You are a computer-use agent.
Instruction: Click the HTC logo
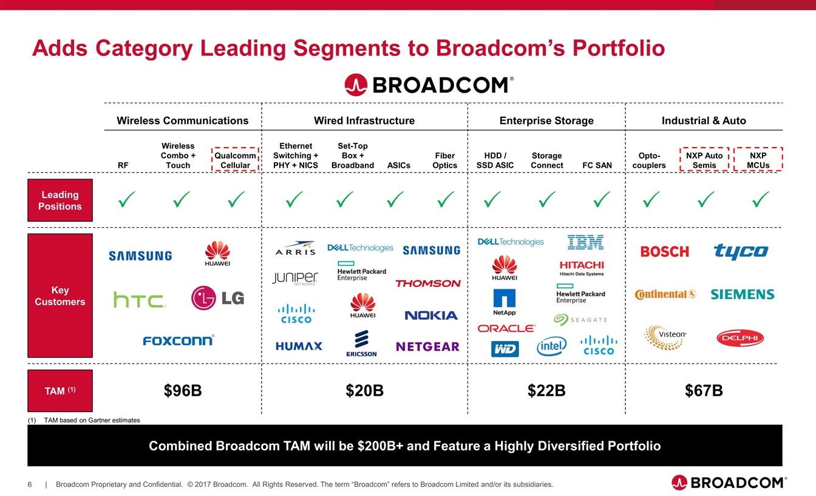pyautogui.click(x=140, y=300)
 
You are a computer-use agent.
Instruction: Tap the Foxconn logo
pyautogui.click(x=178, y=340)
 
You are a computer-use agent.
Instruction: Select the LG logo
pyautogui.click(x=217, y=297)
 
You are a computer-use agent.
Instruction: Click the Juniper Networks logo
pyautogui.click(x=295, y=278)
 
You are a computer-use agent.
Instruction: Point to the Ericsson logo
pyautogui.click(x=362, y=343)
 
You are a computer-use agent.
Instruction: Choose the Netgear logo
pyautogui.click(x=427, y=346)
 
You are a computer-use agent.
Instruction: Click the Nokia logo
pyautogui.click(x=431, y=315)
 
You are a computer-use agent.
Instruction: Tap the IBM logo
pyautogui.click(x=585, y=243)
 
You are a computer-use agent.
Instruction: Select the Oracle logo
pyautogui.click(x=507, y=328)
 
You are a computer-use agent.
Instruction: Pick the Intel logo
pyautogui.click(x=551, y=347)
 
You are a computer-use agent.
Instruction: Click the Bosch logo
pyautogui.click(x=665, y=252)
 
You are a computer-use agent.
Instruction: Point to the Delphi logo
pyautogui.click(x=740, y=338)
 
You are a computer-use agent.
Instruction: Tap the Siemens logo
pyautogui.click(x=742, y=295)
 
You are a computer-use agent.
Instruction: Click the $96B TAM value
pyautogui.click(x=183, y=390)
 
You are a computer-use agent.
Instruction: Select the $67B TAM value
pyautogui.click(x=704, y=390)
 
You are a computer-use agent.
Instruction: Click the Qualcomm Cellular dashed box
pyautogui.click(x=235, y=159)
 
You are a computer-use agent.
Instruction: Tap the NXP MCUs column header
pyautogui.click(x=758, y=160)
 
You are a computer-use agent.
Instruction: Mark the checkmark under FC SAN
pyautogui.click(x=602, y=198)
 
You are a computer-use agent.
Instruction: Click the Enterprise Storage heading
pyautogui.click(x=546, y=120)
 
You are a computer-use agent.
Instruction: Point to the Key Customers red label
pyautogui.click(x=60, y=296)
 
